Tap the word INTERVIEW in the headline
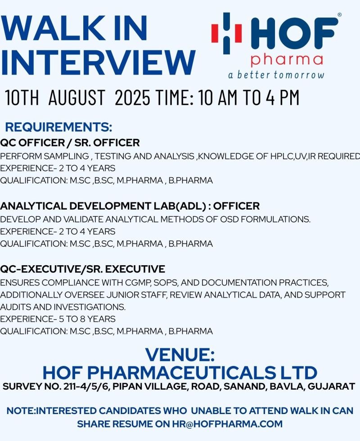click(98, 62)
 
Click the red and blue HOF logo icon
click(227, 33)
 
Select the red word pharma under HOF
click(287, 60)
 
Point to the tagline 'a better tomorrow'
click(276, 75)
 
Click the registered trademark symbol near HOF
click(339, 14)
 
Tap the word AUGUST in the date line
click(76, 97)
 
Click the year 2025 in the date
click(132, 97)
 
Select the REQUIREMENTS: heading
click(58, 127)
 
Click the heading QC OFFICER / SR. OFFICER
click(70, 143)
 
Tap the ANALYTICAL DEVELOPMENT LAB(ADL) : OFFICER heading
click(130, 206)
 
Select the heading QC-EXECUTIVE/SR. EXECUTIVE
click(82, 269)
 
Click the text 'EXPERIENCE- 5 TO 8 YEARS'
click(58, 319)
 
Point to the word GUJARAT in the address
click(331, 386)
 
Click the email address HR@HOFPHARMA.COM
click(227, 424)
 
